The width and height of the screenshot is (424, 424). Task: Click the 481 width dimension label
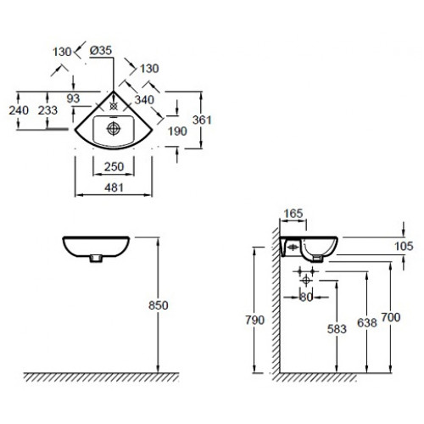coord(114,187)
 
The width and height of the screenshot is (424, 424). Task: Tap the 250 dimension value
coord(114,167)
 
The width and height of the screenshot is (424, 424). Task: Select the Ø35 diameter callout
coord(101,51)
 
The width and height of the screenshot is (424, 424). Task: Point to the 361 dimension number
coord(202,120)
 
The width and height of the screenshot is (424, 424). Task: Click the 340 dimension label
coord(144,100)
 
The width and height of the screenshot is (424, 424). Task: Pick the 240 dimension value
coord(19,110)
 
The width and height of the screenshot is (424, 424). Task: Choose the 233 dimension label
coord(47,110)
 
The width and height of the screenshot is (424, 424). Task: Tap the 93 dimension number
coord(73,98)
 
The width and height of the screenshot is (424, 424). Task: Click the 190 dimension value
coord(177,131)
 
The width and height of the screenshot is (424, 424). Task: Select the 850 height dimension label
coord(159,305)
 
